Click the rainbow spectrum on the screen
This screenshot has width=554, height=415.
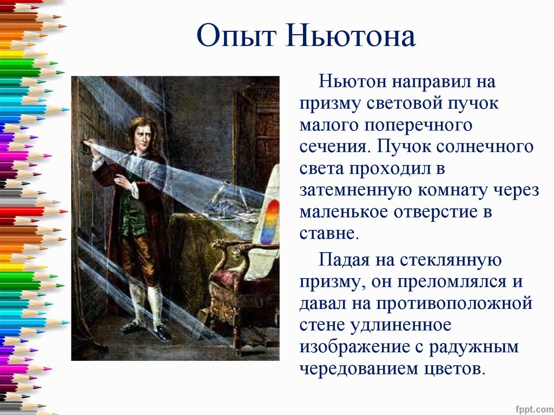pyautogui.click(x=269, y=221)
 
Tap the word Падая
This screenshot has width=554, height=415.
pyautogui.click(x=345, y=260)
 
